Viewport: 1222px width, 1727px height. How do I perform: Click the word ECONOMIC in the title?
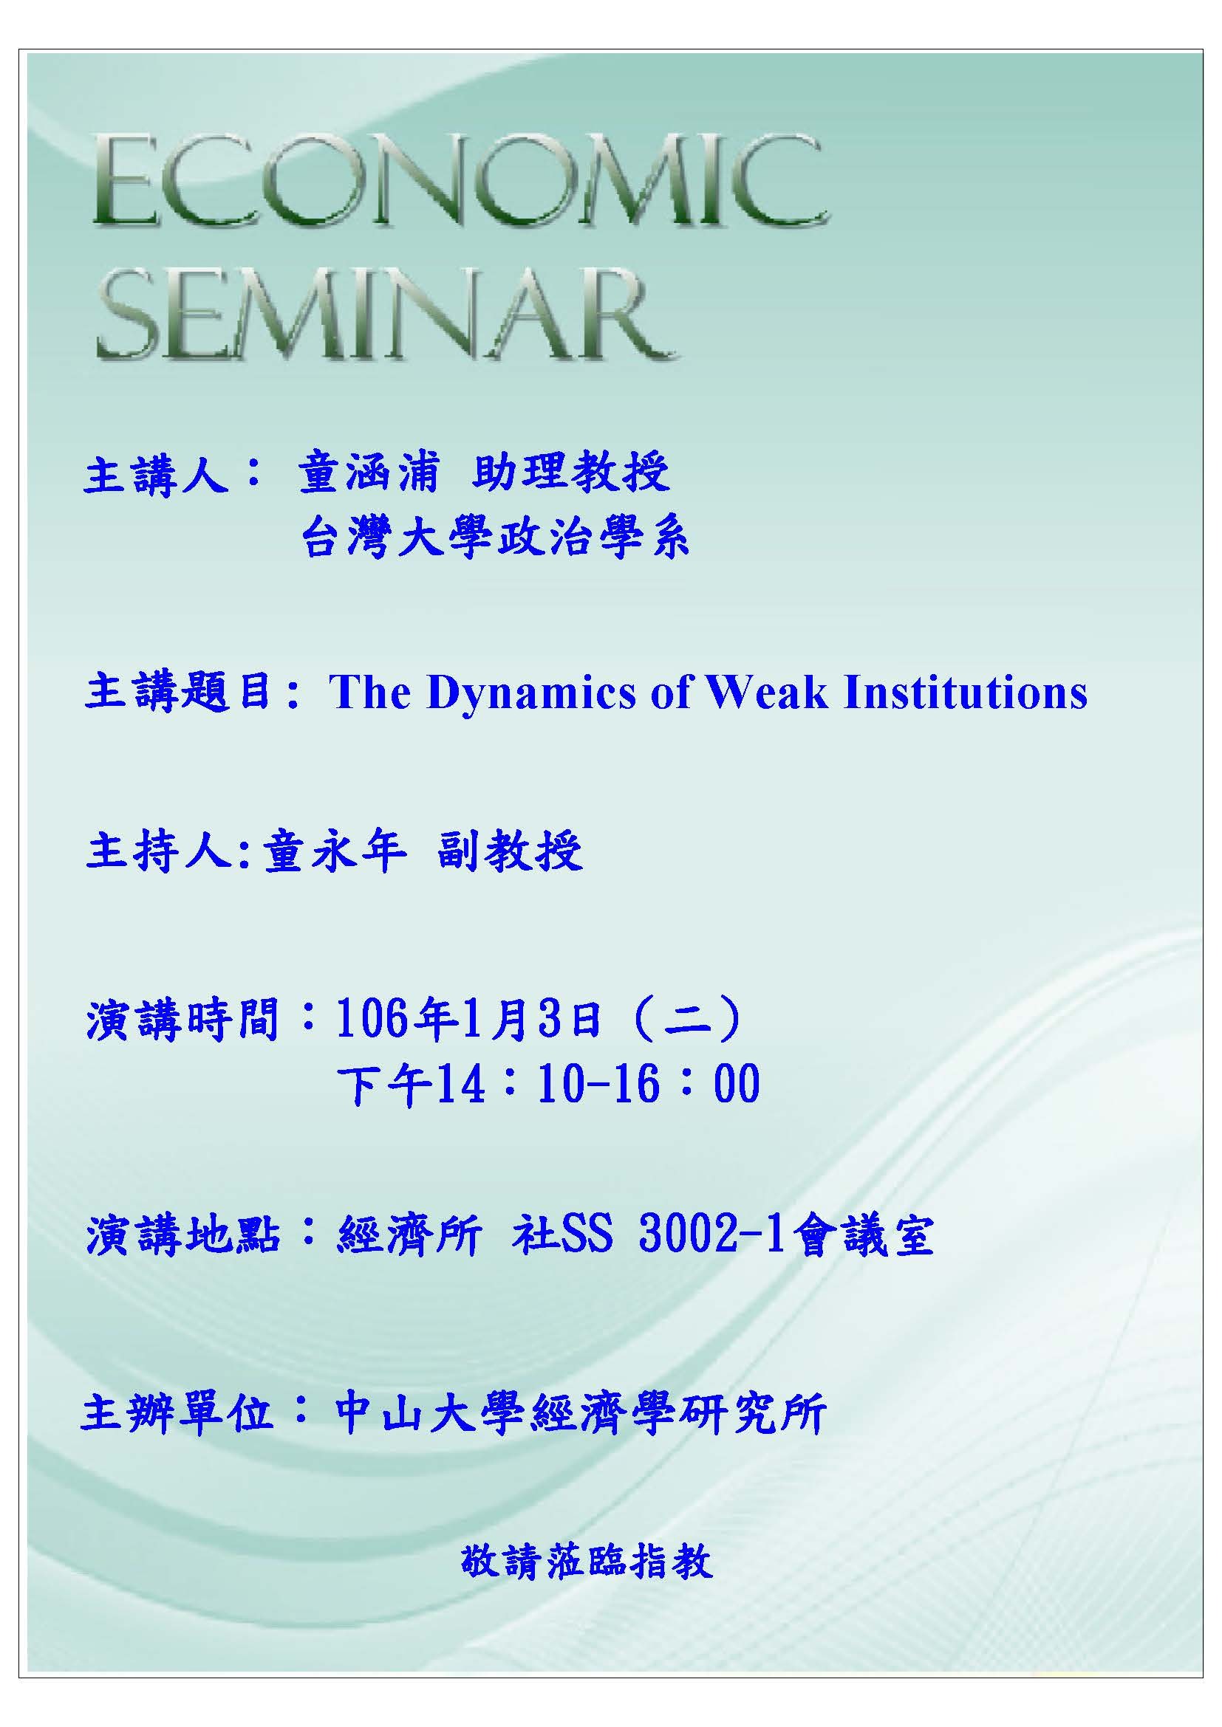pos(460,179)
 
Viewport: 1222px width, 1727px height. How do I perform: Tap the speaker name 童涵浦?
pos(367,473)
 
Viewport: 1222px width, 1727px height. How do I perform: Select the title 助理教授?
pos(572,473)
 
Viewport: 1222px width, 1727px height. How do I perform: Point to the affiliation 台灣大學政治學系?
pos(495,538)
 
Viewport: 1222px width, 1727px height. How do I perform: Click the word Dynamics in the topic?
pos(530,693)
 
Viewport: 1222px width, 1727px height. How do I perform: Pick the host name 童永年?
pos(334,853)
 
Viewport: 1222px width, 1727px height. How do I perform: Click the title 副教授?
pos(510,853)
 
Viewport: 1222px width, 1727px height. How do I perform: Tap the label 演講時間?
pos(182,1020)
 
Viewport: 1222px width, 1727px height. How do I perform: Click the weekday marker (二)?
pos(689,1020)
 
